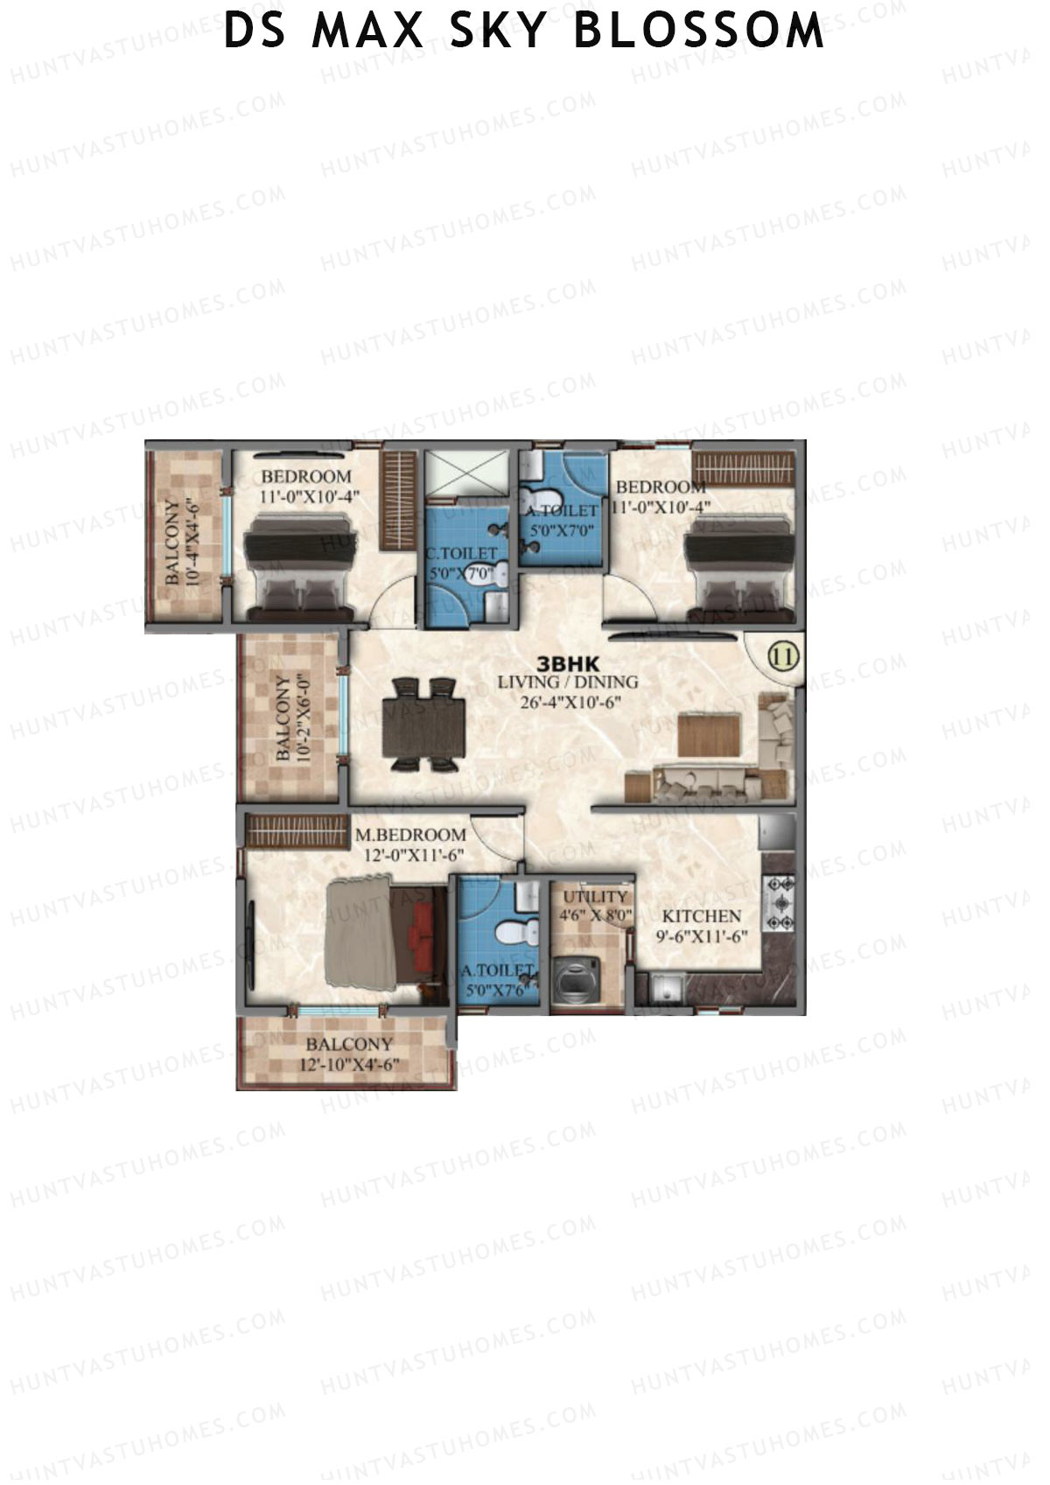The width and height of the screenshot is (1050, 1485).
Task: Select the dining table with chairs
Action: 424,725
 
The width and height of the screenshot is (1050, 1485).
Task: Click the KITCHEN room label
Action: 701,916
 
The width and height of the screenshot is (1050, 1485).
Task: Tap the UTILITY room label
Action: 595,897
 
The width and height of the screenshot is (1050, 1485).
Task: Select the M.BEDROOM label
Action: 410,836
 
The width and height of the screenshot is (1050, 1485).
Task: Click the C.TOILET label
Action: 461,554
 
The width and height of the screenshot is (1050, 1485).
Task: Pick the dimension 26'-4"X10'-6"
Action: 568,701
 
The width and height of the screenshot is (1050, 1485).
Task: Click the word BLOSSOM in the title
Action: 699,32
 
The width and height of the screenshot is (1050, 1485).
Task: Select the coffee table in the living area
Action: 709,734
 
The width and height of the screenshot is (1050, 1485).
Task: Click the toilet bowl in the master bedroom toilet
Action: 511,932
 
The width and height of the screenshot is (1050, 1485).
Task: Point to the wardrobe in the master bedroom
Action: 297,830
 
